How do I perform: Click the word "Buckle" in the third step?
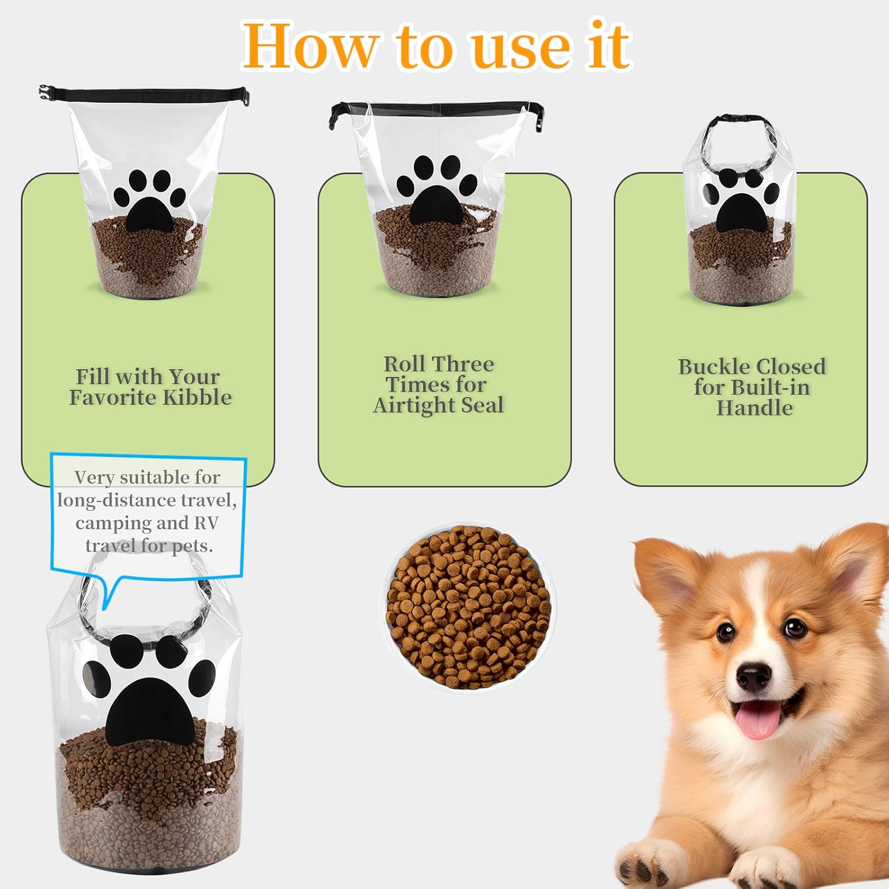(711, 367)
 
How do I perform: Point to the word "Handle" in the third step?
(754, 408)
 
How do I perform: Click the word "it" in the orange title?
(609, 46)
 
